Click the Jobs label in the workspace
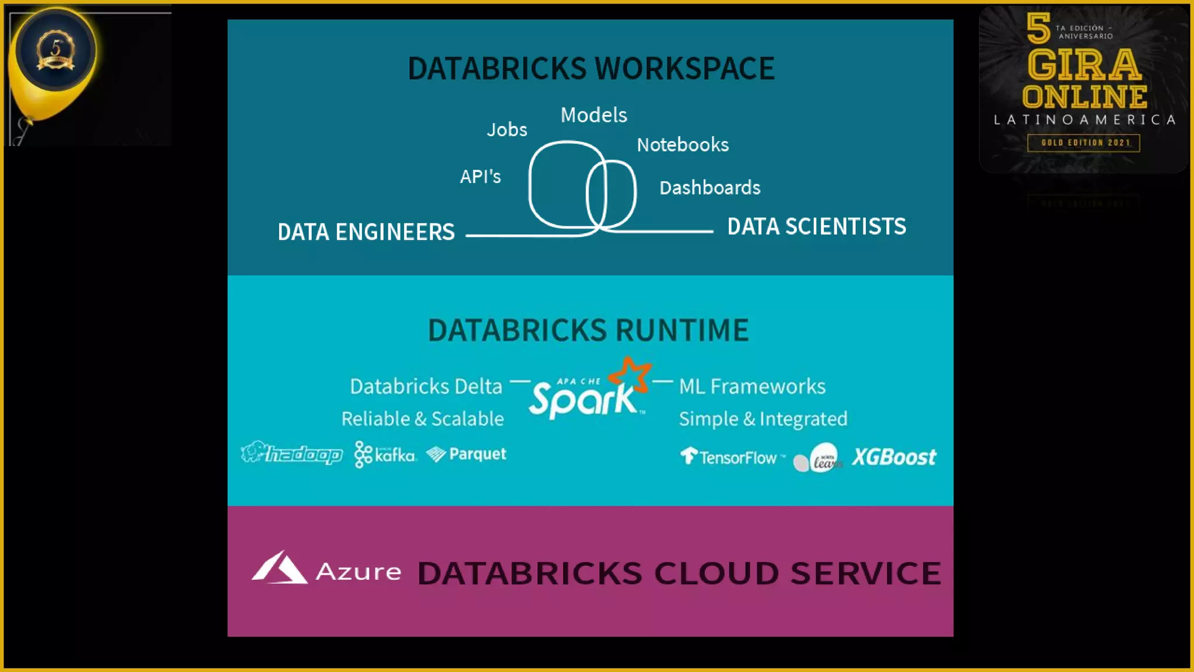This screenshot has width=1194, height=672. [507, 129]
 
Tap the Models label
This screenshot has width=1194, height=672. [594, 115]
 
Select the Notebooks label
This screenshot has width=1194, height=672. [682, 145]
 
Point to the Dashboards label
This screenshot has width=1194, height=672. [710, 188]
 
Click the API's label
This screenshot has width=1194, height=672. [480, 176]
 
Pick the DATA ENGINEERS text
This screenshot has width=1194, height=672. [366, 232]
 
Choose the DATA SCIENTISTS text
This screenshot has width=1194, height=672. [816, 226]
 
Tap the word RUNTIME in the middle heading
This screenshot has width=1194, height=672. [682, 330]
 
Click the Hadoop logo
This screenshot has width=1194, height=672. [292, 453]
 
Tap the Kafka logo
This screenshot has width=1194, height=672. [385, 454]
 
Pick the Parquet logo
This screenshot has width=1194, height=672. [466, 454]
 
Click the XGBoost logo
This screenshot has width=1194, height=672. [894, 457]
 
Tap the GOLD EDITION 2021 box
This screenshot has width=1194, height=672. [1083, 143]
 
